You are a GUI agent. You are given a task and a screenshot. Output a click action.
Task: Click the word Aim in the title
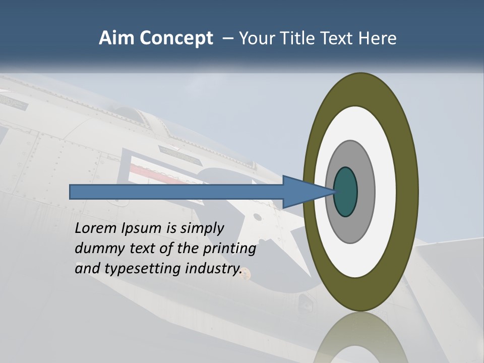click(116, 38)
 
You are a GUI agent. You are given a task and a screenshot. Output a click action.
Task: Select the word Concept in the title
click(176, 39)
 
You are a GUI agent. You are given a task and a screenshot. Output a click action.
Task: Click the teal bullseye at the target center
click(345, 192)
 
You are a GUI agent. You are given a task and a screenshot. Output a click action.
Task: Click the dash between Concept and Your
click(227, 39)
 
